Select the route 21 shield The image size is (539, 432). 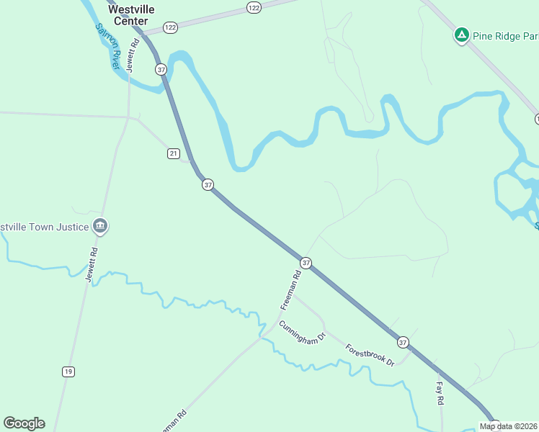[173, 154]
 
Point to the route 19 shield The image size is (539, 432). [68, 372]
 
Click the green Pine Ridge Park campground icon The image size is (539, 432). [461, 35]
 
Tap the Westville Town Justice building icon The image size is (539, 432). [100, 227]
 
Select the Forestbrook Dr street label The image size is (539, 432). [370, 354]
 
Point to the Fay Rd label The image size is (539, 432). [439, 393]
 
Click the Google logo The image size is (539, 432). [24, 423]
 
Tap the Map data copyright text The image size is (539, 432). [509, 426]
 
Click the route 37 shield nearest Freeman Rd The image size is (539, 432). [306, 263]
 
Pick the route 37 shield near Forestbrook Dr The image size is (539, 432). [403, 341]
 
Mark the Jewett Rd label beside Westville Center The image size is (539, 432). [132, 54]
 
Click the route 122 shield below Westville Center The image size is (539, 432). [170, 27]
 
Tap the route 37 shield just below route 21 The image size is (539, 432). [208, 185]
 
